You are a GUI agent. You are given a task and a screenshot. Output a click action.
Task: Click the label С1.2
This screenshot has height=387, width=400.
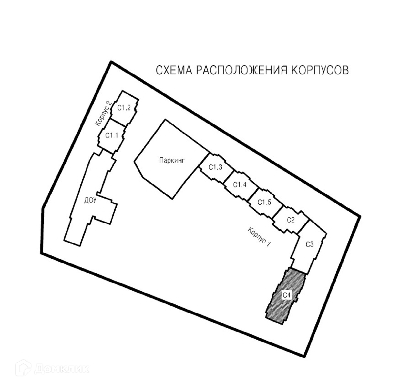coord(124,108)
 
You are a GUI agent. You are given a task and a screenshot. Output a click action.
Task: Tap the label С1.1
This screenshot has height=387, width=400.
coord(112,135)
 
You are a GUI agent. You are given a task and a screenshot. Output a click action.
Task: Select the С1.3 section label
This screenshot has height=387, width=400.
coord(215,167)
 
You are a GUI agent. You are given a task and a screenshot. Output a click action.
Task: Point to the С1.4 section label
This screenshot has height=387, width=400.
coord(240,185)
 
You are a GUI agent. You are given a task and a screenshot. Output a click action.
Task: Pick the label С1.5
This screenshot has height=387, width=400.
coord(264,202)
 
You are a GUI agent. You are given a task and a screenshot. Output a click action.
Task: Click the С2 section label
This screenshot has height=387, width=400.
coord(291,220)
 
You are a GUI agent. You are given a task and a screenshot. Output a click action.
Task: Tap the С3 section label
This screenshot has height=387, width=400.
coord(309,244)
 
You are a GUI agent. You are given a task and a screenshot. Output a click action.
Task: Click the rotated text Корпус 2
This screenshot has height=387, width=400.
coord(104,113)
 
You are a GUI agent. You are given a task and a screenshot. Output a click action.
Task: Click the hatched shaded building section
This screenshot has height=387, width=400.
coord(281,310)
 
